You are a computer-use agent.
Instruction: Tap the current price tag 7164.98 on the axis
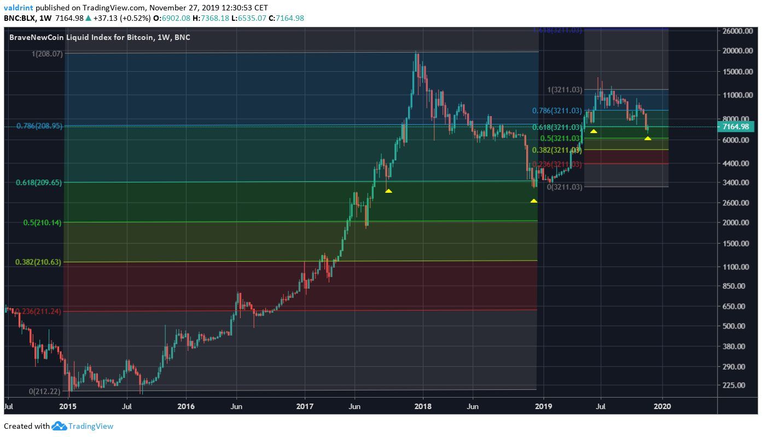pyautogui.click(x=736, y=127)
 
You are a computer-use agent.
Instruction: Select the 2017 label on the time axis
pyautogui.click(x=304, y=406)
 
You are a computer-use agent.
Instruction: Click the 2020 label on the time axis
pyautogui.click(x=662, y=406)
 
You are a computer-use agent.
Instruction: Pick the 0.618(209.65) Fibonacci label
pyautogui.click(x=39, y=182)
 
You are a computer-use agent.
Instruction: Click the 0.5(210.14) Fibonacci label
pyautogui.click(x=42, y=222)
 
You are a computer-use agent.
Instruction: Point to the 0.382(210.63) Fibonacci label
pyautogui.click(x=39, y=262)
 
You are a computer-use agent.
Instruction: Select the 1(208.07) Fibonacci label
pyautogui.click(x=46, y=54)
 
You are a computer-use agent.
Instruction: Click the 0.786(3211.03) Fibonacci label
pyautogui.click(x=557, y=111)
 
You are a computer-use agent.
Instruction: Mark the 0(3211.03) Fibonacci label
pyautogui.click(x=565, y=187)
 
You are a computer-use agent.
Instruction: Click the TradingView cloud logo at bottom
pyautogui.click(x=59, y=426)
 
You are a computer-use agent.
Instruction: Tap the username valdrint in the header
pyautogui.click(x=19, y=8)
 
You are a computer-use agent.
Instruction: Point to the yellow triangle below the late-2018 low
pyautogui.click(x=534, y=201)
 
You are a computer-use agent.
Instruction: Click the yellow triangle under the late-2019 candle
pyautogui.click(x=648, y=138)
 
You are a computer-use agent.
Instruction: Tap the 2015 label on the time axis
pyautogui.click(x=67, y=406)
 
